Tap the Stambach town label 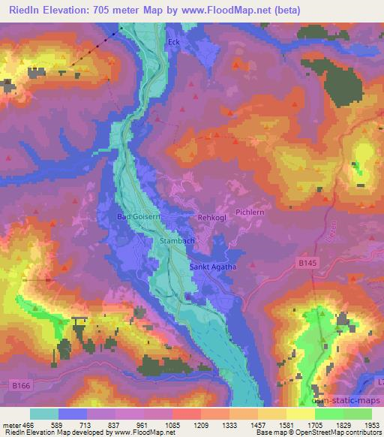pyautogui.click(x=178, y=241)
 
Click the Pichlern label pyautogui.click(x=251, y=212)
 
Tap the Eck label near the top pyautogui.click(x=175, y=43)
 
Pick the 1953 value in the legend pyautogui.click(x=362, y=424)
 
